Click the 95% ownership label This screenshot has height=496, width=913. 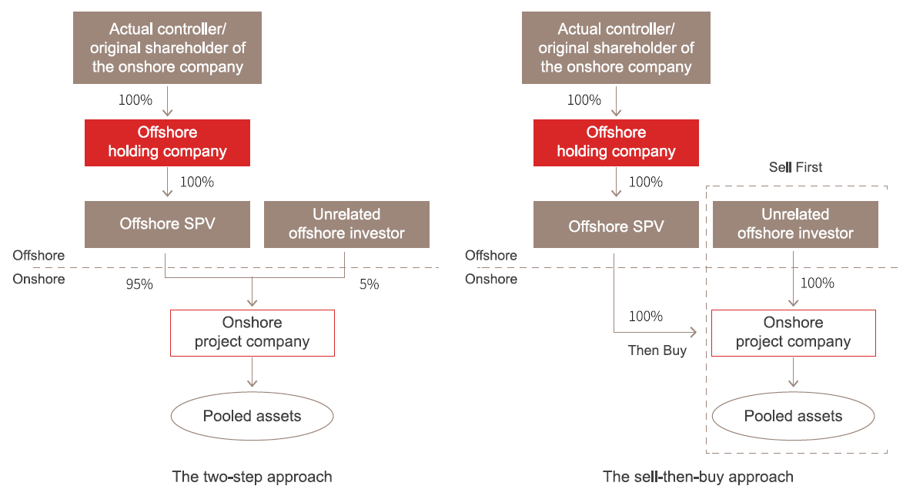140,284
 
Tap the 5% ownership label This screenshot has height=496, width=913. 370,284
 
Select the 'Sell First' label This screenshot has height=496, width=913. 795,167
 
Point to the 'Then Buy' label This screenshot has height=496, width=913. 657,350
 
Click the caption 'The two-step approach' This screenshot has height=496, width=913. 252,477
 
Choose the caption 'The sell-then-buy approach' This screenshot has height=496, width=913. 698,477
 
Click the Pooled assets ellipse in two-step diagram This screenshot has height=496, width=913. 252,416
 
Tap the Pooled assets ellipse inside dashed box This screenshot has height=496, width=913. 793,416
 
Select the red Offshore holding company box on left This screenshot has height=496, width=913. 167,142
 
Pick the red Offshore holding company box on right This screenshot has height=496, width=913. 616,142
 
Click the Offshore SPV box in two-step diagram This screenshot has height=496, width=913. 167,224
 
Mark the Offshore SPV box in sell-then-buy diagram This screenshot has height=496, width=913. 616,224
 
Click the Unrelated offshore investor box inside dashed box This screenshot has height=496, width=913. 795,224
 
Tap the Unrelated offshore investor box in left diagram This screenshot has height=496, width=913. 346,224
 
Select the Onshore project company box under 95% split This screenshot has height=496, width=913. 252,333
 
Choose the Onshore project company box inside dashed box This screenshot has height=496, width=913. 794,333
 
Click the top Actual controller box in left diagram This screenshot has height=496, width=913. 167,48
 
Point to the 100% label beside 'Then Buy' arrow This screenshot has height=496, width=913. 646,317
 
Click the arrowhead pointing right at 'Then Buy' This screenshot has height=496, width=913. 694,332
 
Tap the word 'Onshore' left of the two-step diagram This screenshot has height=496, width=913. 38,279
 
